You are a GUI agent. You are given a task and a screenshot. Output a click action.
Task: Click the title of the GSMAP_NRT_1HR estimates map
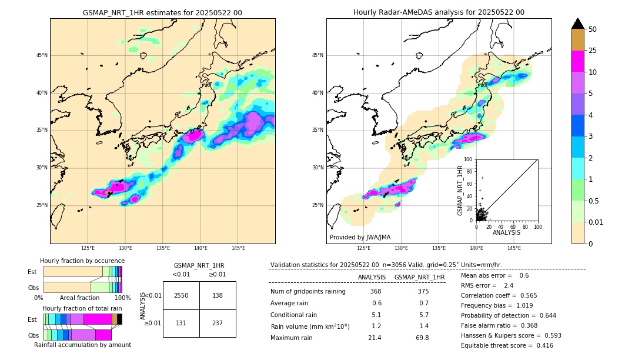coord(162,12)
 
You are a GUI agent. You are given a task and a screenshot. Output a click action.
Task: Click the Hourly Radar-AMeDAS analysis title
coord(439,12)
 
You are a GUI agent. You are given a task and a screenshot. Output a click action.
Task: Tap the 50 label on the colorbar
coord(593,29)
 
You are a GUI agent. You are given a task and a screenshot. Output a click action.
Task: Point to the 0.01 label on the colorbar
coord(596,222)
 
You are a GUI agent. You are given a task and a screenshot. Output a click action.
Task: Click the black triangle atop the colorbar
coord(578,24)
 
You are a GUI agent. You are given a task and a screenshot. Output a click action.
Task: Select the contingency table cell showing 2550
coord(181,295)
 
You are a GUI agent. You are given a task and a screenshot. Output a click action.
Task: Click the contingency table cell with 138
coord(218,295)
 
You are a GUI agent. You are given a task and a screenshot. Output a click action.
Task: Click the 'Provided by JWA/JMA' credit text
coord(360,237)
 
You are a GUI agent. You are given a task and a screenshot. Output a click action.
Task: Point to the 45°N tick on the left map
coord(42,55)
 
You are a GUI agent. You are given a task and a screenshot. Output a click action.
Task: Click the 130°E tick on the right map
coord(402,248)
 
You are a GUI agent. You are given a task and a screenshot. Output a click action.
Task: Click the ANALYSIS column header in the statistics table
coord(372,277)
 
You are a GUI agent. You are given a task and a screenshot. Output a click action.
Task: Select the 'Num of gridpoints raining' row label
coord(308,292)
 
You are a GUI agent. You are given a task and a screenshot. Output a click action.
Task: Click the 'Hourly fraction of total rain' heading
coord(82,308)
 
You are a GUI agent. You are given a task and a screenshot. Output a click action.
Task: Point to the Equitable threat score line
coord(507,345)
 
